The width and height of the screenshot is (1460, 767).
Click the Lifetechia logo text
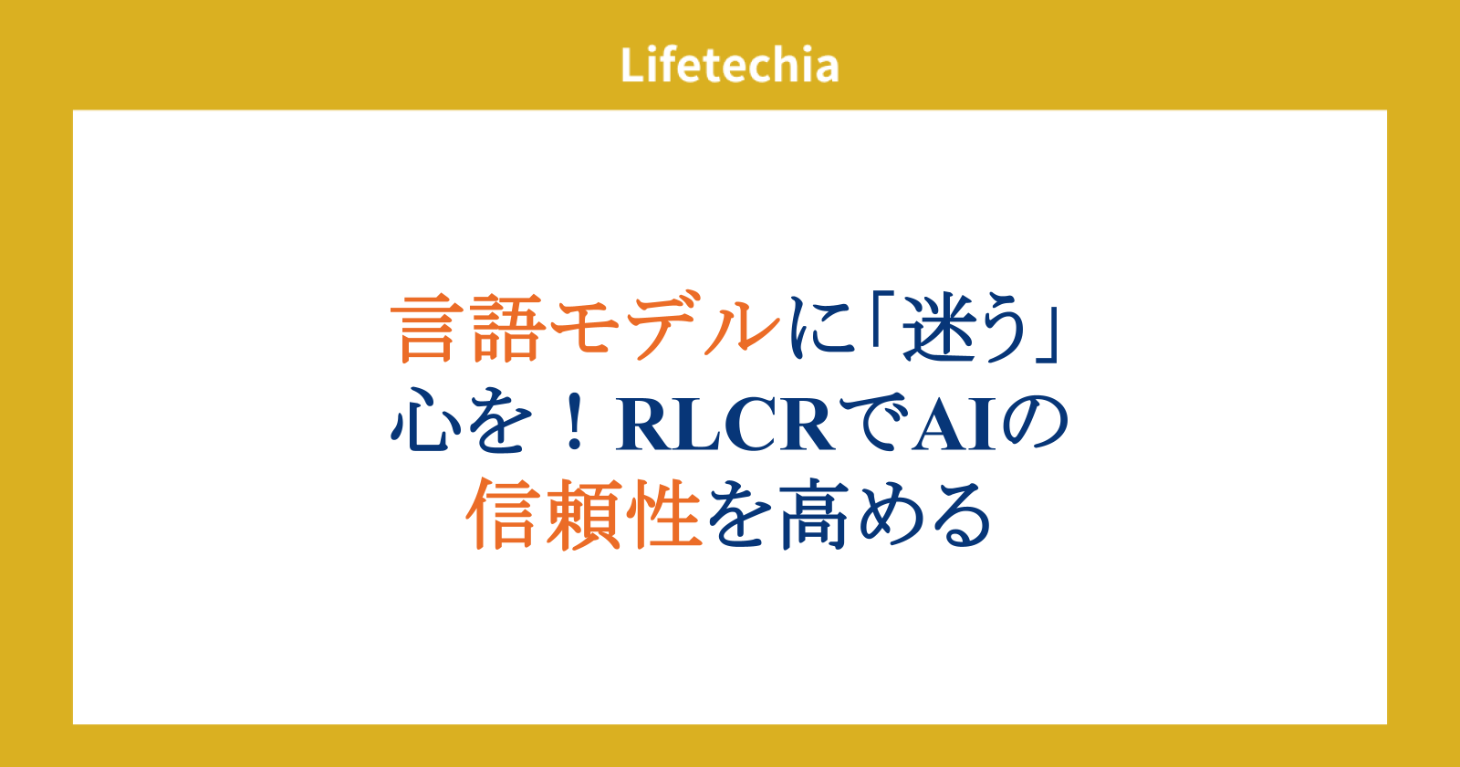click(x=729, y=65)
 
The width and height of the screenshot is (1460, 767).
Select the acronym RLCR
click(x=725, y=424)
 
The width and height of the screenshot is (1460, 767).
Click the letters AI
click(x=954, y=424)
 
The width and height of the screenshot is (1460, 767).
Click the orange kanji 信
click(x=503, y=514)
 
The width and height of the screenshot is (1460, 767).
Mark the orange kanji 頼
click(x=583, y=514)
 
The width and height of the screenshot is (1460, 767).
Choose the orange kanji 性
click(x=663, y=514)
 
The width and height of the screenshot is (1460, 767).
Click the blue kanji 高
click(x=815, y=514)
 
